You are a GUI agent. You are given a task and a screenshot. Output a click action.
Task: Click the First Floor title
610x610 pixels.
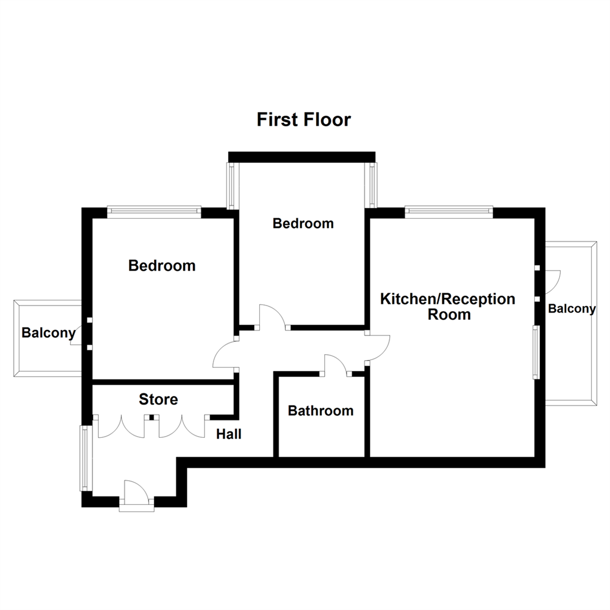[x=304, y=120]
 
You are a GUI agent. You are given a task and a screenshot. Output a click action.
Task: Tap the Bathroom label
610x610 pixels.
[x=320, y=411]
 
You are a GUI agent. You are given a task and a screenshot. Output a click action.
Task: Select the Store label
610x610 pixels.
[x=158, y=399]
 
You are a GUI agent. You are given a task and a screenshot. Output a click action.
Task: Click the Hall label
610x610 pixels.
[x=229, y=434]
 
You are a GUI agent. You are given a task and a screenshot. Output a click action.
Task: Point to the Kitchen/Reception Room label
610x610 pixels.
[x=448, y=306]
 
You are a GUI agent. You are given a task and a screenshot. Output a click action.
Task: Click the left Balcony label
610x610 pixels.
[x=48, y=333]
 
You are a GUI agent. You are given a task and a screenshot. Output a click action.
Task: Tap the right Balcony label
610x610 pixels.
[x=572, y=309]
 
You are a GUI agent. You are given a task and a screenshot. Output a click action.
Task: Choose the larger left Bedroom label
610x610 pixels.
[x=162, y=265]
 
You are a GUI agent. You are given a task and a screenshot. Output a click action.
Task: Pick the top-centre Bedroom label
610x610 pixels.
[x=303, y=223]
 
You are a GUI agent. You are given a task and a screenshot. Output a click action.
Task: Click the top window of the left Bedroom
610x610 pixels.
[x=154, y=212]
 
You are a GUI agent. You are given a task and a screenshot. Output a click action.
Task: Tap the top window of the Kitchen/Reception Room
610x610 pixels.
[x=448, y=212]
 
